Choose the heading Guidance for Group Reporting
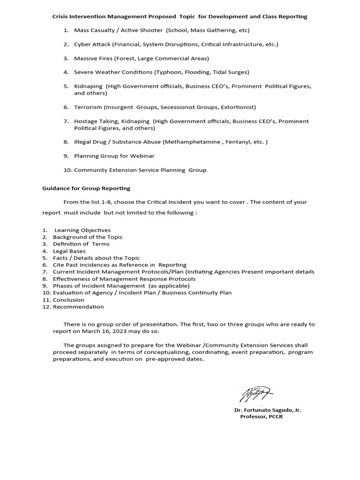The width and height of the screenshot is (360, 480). [87, 188]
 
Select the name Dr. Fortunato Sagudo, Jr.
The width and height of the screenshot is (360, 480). [268, 410]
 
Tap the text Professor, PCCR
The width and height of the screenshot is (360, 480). [262, 417]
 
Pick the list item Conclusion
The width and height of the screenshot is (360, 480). [68, 300]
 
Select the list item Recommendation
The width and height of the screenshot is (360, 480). [78, 307]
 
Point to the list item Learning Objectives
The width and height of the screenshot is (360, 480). [82, 230]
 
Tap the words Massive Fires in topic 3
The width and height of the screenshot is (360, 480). [93, 59]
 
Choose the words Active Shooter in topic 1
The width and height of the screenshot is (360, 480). [141, 30]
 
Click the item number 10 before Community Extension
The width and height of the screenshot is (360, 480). [67, 170]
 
